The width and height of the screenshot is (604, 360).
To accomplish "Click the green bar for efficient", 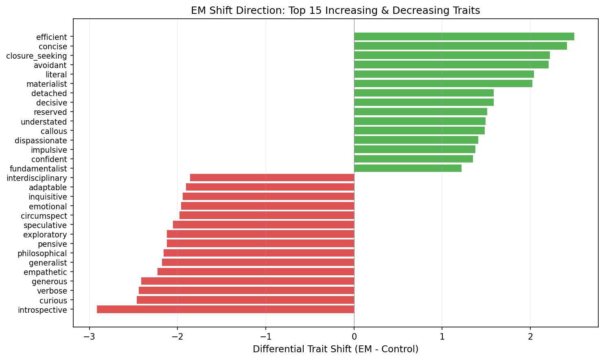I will pyautogui.click(x=464, y=37).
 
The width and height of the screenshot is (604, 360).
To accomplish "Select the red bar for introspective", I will pyautogui.click(x=225, y=310).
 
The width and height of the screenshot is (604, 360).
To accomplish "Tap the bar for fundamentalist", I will pyautogui.click(x=408, y=168).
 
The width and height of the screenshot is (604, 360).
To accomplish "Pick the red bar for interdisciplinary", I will pyautogui.click(x=272, y=178).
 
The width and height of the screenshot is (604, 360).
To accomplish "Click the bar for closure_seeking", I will pyautogui.click(x=452, y=55).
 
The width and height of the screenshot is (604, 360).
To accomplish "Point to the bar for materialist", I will pyautogui.click(x=443, y=83).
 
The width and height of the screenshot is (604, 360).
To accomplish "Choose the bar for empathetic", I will pyautogui.click(x=256, y=272).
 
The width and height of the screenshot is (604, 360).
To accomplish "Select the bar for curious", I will pyautogui.click(x=245, y=300).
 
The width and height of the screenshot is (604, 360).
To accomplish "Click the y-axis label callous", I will pyautogui.click(x=54, y=131).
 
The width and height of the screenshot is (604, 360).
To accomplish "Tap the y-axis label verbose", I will pyautogui.click(x=52, y=291).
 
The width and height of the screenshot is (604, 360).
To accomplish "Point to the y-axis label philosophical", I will pyautogui.click(x=42, y=253).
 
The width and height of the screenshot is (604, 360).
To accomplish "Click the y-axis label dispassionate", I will pyautogui.click(x=41, y=140).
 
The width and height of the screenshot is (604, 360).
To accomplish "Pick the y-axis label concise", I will pyautogui.click(x=53, y=46).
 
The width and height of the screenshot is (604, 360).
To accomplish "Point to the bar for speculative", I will pyautogui.click(x=263, y=225).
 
